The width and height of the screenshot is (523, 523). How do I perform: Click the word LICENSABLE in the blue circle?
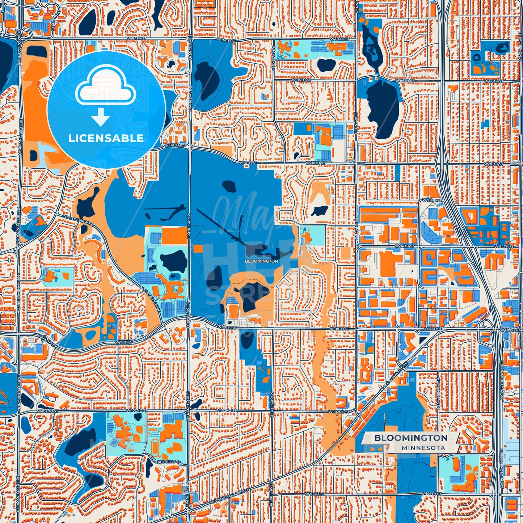pos(106,138)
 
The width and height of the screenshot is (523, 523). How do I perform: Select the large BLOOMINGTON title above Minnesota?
pos(411,438)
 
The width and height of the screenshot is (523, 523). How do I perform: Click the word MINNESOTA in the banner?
pos(423,448)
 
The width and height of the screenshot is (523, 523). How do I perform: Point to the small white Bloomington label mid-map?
pos(261,261)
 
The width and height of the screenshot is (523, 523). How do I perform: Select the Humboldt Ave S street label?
pos(438,398)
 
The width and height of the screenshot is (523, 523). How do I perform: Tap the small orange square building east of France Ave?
pos(198,248)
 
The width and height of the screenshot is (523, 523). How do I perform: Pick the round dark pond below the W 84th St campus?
pos(326,65)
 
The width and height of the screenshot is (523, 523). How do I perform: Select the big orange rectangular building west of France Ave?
pos(174,236)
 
